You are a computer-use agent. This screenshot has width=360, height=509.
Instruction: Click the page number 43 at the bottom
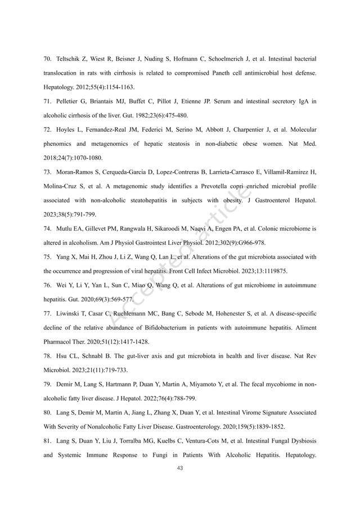[x=180, y=468]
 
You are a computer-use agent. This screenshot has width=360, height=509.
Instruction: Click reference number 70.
[x=47, y=58]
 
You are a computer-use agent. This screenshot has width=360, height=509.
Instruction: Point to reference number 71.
[x=47, y=102]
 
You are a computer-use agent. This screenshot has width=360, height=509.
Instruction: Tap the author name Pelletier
[x=69, y=102]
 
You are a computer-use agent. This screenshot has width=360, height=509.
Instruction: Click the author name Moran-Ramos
[x=75, y=173]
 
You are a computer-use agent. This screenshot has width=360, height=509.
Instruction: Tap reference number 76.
[x=47, y=286]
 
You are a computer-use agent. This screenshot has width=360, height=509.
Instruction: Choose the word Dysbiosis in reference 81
[x=300, y=442]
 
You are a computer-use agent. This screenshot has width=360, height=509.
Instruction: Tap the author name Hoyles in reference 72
[x=66, y=130]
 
